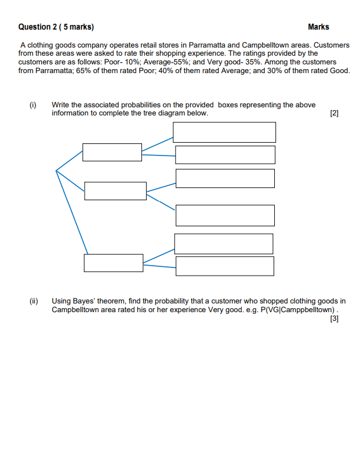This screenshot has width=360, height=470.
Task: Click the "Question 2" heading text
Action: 39,27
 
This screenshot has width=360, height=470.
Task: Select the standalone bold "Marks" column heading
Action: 318,27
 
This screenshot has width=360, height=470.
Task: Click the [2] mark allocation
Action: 333,114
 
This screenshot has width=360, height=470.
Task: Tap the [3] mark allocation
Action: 333,319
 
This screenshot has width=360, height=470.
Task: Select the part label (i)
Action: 33,105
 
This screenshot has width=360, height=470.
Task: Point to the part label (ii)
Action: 34,301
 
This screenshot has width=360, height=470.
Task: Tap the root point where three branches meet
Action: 56,171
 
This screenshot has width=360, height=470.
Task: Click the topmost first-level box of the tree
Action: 112,153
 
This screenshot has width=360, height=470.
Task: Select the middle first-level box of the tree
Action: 115,191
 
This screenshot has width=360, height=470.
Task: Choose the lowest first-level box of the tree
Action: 113,263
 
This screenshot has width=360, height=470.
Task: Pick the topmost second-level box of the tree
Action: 224,132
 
